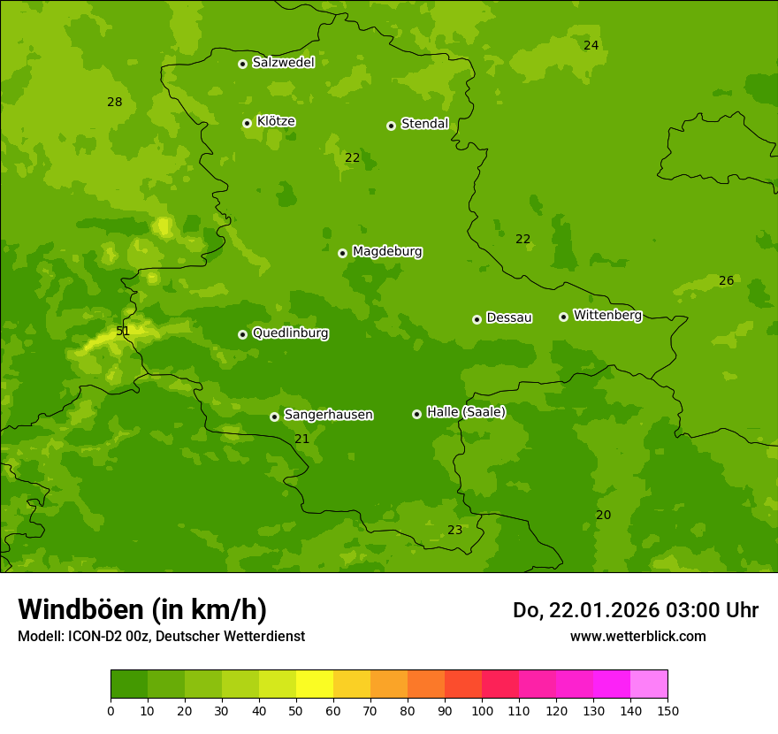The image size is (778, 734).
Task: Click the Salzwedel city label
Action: (x=283, y=63)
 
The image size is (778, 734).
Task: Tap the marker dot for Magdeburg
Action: (x=343, y=253)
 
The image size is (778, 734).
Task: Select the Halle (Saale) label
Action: (x=466, y=412)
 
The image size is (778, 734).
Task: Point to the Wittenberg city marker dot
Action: (x=563, y=317)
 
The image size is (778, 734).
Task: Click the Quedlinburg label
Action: (x=290, y=333)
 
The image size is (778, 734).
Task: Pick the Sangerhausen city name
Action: (x=328, y=415)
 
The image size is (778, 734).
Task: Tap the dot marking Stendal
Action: (x=391, y=126)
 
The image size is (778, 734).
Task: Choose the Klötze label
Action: (x=276, y=121)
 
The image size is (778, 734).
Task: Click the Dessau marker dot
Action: (x=477, y=319)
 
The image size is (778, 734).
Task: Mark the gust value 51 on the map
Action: (x=123, y=332)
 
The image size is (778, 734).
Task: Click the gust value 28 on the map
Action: (x=115, y=102)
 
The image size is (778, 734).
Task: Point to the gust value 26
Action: (x=726, y=280)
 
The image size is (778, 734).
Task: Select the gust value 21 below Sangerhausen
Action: (x=302, y=439)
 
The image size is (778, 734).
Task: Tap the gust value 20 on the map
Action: (x=603, y=515)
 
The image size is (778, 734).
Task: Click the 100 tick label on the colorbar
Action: (x=482, y=710)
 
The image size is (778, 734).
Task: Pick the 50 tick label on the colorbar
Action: (x=296, y=710)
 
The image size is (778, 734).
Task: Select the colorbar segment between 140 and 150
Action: (x=649, y=684)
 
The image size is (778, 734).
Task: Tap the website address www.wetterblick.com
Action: (x=637, y=636)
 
